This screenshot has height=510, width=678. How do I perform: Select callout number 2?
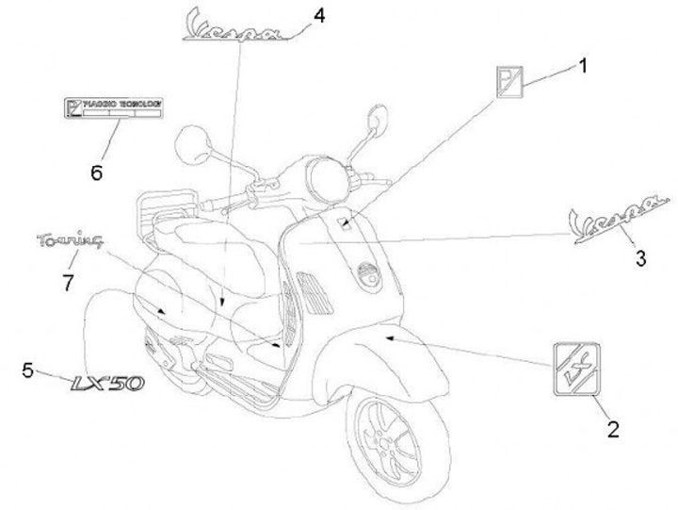coord(612,430)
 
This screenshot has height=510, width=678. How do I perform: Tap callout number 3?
coord(640,257)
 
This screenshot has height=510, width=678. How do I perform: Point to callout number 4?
coord(319,16)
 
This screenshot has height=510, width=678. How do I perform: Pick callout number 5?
coord(27,369)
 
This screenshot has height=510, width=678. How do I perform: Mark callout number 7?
coord(67,282)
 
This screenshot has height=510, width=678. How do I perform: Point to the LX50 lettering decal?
coord(106,383)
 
